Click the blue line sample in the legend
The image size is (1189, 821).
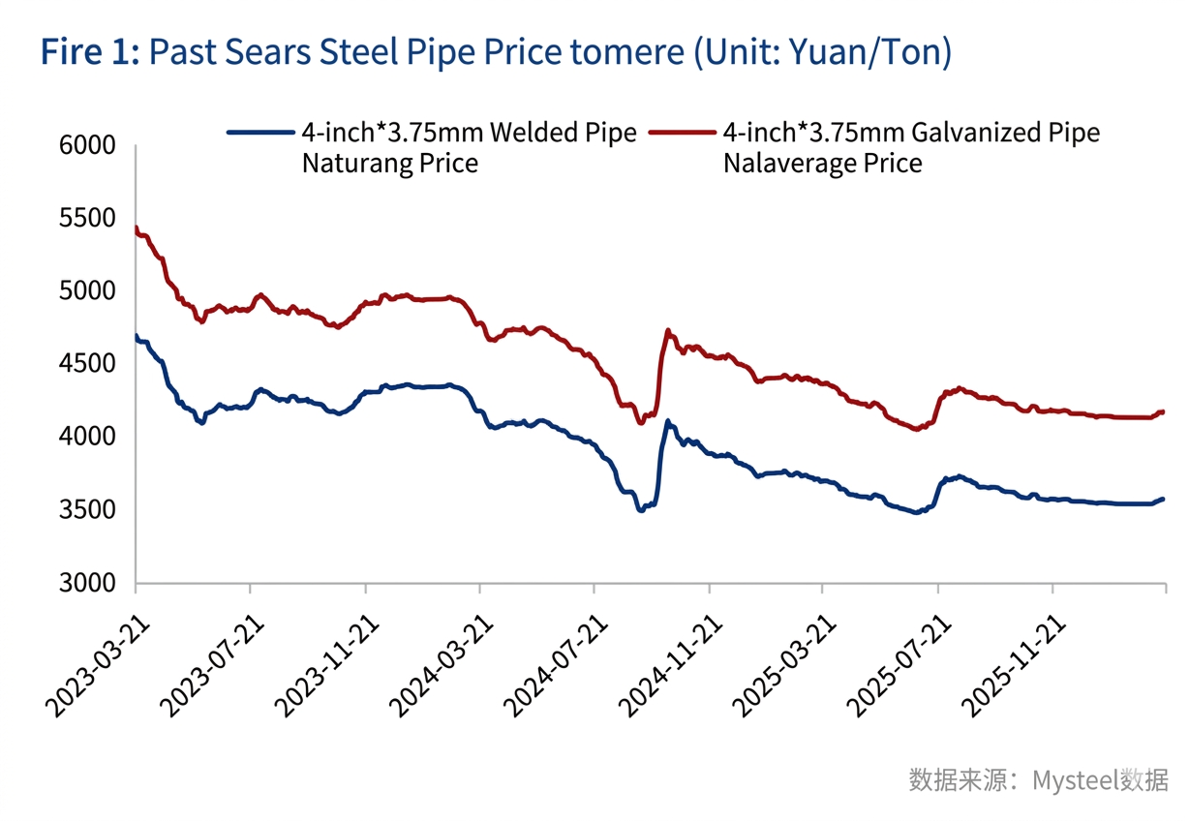pyautogui.click(x=260, y=132)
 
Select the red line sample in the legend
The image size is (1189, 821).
pyautogui.click(x=683, y=132)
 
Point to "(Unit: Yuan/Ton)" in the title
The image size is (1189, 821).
pyautogui.click(x=822, y=51)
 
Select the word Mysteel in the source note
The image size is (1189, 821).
pyautogui.click(x=1074, y=779)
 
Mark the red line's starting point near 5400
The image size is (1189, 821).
pyautogui.click(x=137, y=229)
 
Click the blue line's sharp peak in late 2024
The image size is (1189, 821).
pyautogui.click(x=667, y=422)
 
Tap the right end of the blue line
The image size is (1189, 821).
pyautogui.click(x=1163, y=500)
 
